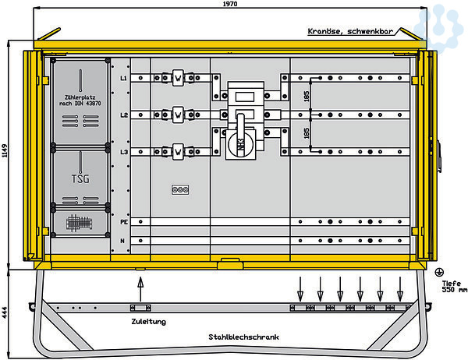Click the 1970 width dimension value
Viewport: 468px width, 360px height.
coord(229,4)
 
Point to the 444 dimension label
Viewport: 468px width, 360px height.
coord(5,312)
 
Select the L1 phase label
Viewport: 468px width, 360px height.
coord(123,78)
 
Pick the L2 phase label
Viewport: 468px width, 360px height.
coord(123,115)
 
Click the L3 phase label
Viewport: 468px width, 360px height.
coord(123,150)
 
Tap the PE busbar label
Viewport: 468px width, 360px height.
coord(123,222)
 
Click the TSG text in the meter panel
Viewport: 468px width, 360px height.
coord(80,178)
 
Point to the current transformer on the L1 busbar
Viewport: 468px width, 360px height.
coord(178,78)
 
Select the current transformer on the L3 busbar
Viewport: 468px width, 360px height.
coord(178,150)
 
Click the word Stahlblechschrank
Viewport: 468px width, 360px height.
coord(245,337)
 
